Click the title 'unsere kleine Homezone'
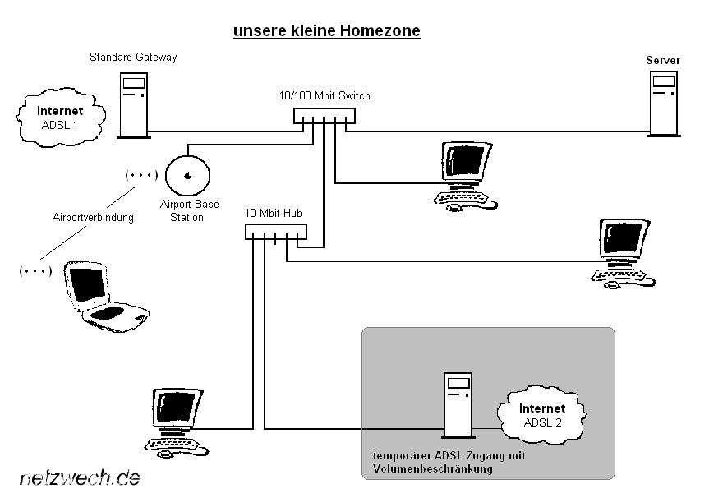tap(326, 31)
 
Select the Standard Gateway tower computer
tap(133, 104)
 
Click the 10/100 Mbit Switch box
tap(325, 117)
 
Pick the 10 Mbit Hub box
tap(275, 233)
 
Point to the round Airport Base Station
tap(188, 174)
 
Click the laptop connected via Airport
tap(104, 297)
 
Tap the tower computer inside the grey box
tap(458, 403)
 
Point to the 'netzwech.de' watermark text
tap(79, 477)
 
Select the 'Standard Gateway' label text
tap(133, 58)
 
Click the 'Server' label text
tap(663, 60)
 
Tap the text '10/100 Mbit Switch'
tap(325, 95)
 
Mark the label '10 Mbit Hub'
tap(274, 213)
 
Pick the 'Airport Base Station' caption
tap(190, 210)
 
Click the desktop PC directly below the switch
tap(464, 174)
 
